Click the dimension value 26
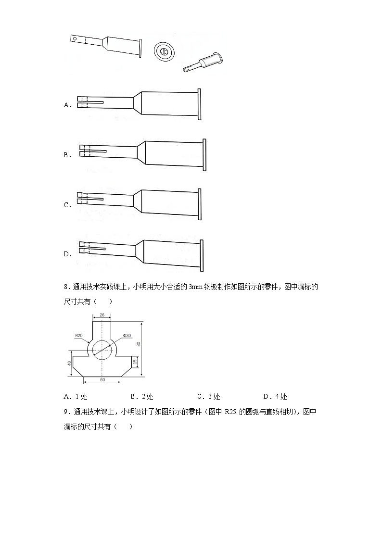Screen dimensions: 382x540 pyautogui.click(x=102, y=315)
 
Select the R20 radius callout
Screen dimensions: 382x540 pyautogui.click(x=78, y=335)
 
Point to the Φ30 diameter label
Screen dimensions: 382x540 pyautogui.click(x=127, y=335)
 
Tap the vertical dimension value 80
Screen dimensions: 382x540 pyautogui.click(x=139, y=344)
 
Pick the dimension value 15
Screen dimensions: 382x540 pyautogui.click(x=135, y=360)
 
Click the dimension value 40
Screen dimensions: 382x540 pyautogui.click(x=69, y=363)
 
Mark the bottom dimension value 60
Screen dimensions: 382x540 pyautogui.click(x=102, y=380)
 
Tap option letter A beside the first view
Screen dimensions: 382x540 pyautogui.click(x=66, y=105)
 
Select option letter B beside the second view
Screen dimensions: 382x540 pyautogui.click(x=66, y=155)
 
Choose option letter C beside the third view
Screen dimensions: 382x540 pyautogui.click(x=66, y=205)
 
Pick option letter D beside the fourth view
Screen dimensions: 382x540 pyautogui.click(x=66, y=254)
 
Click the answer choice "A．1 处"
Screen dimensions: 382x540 pyautogui.click(x=75, y=397)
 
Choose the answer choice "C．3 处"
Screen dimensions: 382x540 pyautogui.click(x=208, y=397)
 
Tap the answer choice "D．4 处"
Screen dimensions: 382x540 pyautogui.click(x=275, y=397)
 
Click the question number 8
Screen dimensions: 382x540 pyautogui.click(x=66, y=287)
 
